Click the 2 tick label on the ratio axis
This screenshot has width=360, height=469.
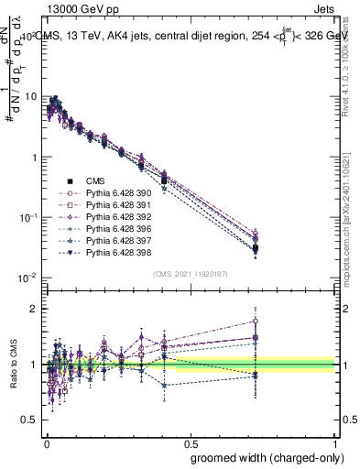point(34,309)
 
